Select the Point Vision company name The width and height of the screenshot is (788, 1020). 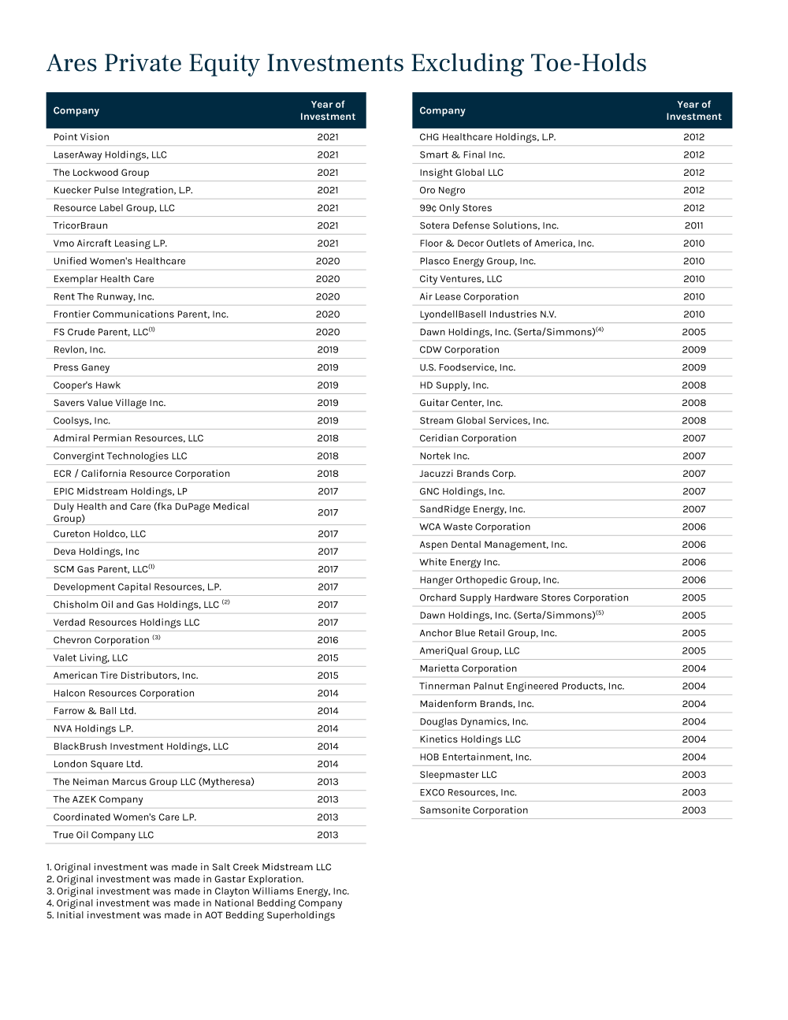point(81,137)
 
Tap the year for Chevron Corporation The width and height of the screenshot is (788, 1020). point(328,640)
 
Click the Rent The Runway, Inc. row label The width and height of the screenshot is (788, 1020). point(103,296)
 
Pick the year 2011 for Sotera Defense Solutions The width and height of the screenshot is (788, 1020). point(693,225)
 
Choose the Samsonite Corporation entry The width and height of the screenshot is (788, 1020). point(474,810)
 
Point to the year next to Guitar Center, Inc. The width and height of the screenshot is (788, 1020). point(693,403)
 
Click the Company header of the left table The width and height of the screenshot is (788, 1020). point(76,110)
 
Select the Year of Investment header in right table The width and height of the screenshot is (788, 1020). point(693,110)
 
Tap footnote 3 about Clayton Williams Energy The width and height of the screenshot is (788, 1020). point(198,892)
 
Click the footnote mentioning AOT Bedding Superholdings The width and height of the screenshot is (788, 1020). point(191,915)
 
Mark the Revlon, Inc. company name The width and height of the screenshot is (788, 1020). point(80,350)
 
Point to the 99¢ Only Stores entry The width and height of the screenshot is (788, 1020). point(455,208)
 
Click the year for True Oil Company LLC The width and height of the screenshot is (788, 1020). point(328,835)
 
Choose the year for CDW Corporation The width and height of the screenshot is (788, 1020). point(693,350)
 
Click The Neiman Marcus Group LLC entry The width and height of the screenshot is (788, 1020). point(154,782)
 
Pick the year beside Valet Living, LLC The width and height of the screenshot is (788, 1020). point(328,657)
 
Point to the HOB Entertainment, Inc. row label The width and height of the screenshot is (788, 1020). point(475,758)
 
